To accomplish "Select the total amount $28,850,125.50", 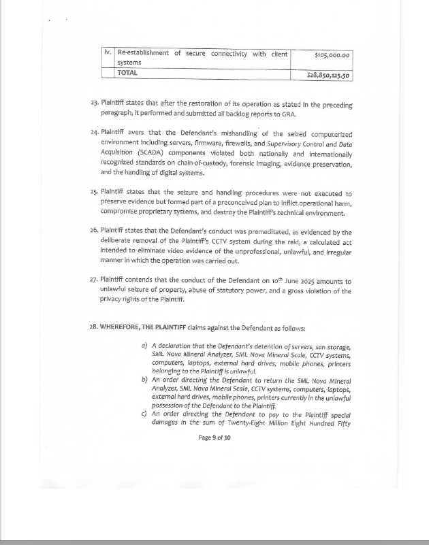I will [x=328, y=75].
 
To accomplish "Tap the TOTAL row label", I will [x=127, y=72].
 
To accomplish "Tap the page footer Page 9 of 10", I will [x=214, y=437].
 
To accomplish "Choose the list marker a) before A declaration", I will [x=144, y=346].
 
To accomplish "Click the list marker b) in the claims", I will [x=144, y=380].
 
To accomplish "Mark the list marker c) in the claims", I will [x=144, y=413].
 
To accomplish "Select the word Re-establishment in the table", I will [x=143, y=53].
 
